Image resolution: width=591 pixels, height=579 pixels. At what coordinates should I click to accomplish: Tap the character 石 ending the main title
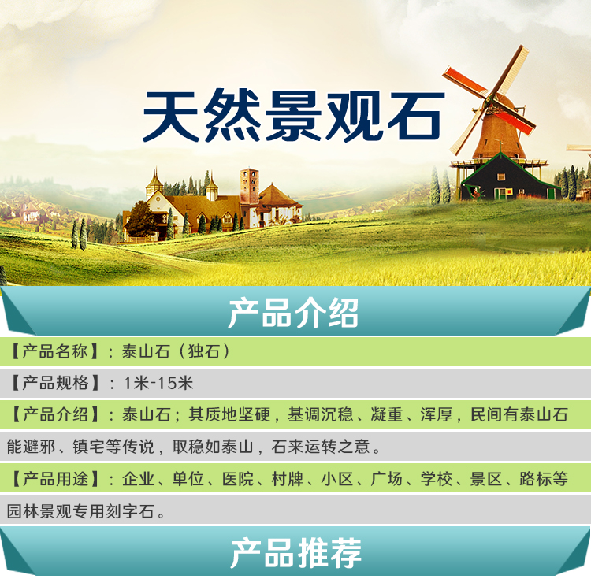point(416,116)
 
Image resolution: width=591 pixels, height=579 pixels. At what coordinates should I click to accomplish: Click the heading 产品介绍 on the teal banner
point(293,313)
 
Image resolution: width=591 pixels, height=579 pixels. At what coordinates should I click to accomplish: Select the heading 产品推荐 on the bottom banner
point(295,553)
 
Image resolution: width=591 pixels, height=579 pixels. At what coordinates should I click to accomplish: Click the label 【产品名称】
point(55,351)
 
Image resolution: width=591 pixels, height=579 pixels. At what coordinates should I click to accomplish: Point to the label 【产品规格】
point(55,383)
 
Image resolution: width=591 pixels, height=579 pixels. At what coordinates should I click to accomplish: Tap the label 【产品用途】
point(55,479)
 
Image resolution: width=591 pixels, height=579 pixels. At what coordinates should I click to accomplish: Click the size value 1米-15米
point(158,383)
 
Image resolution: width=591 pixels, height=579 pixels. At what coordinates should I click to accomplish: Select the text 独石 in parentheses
point(204,351)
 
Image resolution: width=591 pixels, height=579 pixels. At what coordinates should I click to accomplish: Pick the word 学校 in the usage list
point(437,479)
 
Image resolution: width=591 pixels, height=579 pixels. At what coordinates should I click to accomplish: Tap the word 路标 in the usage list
point(535,479)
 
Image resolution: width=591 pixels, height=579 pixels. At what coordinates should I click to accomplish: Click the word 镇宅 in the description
point(88,447)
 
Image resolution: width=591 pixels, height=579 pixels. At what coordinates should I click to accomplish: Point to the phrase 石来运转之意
point(321,447)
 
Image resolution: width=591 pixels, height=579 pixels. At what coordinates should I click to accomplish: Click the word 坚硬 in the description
point(255,415)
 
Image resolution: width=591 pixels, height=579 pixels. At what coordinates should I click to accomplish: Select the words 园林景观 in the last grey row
point(39,511)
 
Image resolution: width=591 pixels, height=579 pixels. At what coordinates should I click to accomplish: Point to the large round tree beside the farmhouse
point(139,219)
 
